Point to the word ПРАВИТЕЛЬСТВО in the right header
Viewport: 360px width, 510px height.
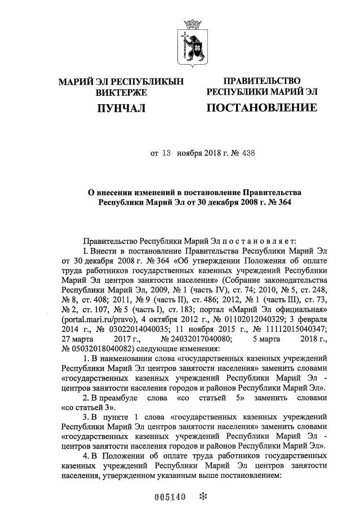(261, 82)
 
